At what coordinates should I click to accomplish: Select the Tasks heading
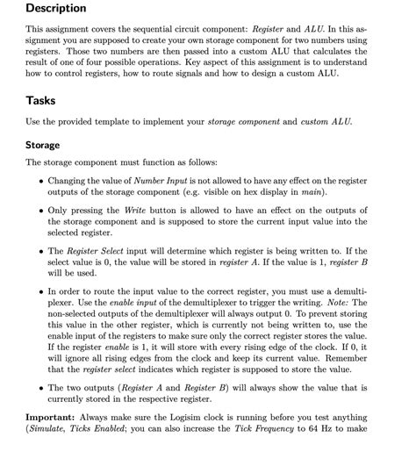(x=42, y=101)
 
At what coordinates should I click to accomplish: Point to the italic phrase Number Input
(x=158, y=182)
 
